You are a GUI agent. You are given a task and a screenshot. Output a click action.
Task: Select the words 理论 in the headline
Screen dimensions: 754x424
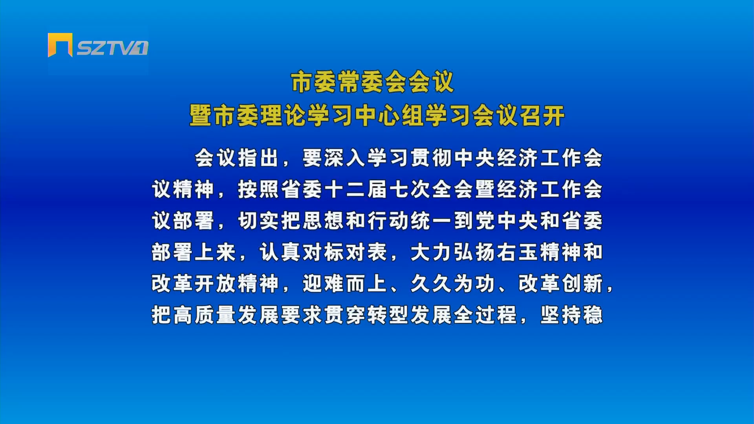[283, 116]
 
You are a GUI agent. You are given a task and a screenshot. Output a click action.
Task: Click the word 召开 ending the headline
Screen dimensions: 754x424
[542, 116]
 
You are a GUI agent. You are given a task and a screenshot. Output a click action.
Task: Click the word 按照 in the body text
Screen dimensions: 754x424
[258, 190]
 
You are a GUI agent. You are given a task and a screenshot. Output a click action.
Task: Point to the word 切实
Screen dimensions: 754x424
[258, 221]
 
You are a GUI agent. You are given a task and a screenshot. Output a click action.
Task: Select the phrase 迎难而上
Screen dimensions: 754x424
[345, 284]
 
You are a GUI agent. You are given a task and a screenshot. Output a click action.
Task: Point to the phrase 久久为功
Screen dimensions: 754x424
[452, 284]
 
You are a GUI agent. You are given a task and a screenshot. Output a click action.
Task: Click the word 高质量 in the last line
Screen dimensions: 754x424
[205, 315]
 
